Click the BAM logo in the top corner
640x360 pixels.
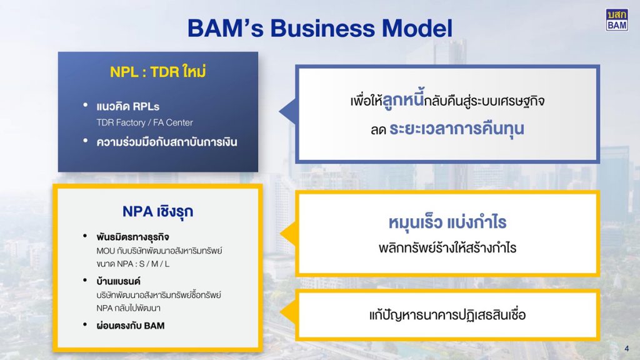(x=617, y=20)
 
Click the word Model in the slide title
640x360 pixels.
(x=417, y=28)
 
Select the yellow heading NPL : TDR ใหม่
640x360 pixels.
(x=158, y=71)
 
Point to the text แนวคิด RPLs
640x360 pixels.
(x=127, y=106)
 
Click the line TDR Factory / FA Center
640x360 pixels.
(x=144, y=122)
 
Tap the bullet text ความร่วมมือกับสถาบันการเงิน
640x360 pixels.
(x=166, y=142)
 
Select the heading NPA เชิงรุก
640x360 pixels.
(x=158, y=211)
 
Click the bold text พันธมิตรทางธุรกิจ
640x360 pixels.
(x=132, y=237)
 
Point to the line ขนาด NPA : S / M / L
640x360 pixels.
(x=132, y=264)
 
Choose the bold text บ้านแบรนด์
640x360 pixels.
(x=118, y=281)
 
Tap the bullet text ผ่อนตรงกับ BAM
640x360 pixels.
(x=131, y=326)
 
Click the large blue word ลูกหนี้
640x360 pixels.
(x=403, y=99)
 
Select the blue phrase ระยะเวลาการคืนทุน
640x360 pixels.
(x=457, y=129)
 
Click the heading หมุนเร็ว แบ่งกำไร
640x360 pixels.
(x=447, y=222)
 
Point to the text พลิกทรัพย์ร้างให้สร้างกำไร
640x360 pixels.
(x=447, y=247)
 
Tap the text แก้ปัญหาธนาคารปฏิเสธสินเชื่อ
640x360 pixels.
(x=447, y=315)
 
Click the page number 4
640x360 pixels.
(x=626, y=349)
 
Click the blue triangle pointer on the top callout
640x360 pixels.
(x=287, y=111)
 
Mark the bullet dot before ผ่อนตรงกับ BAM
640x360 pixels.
(x=85, y=325)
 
